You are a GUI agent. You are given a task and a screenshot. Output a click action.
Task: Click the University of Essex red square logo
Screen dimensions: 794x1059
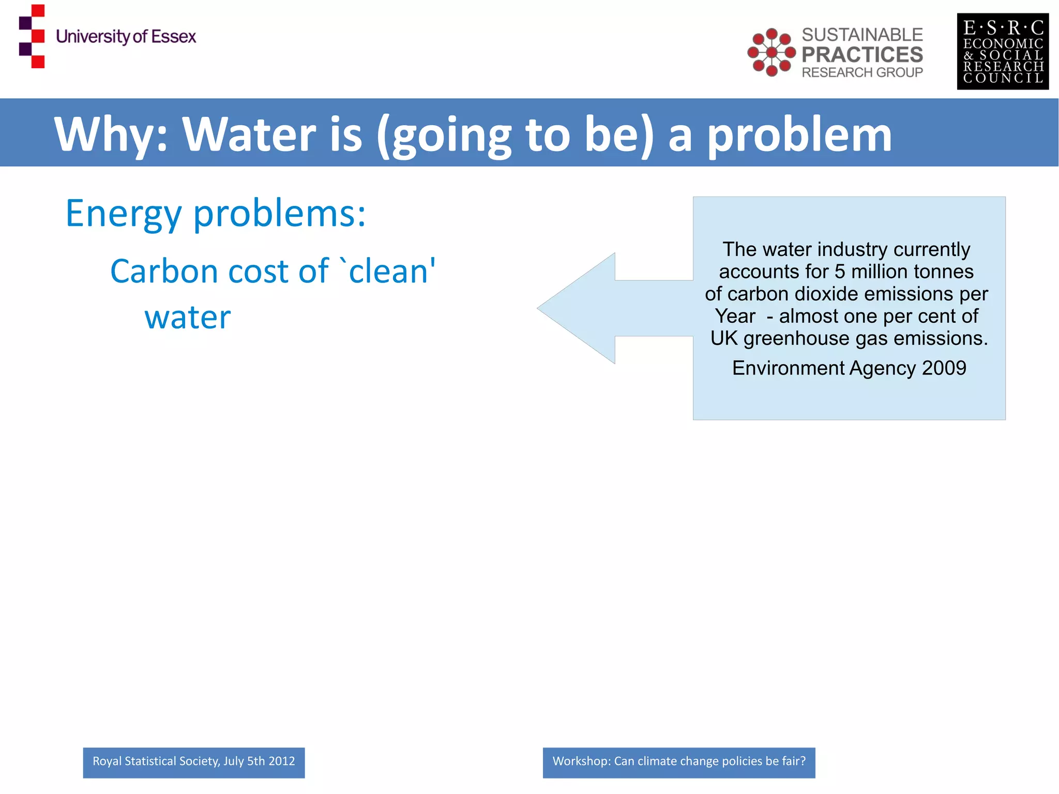tap(32, 36)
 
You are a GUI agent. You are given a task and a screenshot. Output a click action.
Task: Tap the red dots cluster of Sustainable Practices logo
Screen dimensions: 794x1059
tap(771, 52)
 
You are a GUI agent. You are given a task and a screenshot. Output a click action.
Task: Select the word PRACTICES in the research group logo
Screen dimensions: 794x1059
tap(862, 54)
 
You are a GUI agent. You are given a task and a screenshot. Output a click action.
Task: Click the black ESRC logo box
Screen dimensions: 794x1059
tap(1002, 51)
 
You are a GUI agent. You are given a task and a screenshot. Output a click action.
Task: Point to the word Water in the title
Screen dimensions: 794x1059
tap(249, 134)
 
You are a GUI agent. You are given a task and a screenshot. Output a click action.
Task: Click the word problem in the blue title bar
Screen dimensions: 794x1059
tap(799, 134)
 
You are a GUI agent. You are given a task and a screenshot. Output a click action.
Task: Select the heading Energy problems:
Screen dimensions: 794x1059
tap(215, 213)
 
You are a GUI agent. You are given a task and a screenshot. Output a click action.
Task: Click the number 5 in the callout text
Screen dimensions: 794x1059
tap(840, 272)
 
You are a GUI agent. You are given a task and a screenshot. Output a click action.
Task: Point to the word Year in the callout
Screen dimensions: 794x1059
tap(735, 316)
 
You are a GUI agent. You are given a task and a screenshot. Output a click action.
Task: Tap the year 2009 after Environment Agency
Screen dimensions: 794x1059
tap(944, 368)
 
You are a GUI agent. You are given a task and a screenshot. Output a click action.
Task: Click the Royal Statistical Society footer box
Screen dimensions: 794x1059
tap(193, 762)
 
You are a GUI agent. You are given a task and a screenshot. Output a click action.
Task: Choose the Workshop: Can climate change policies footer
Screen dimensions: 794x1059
tap(678, 762)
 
